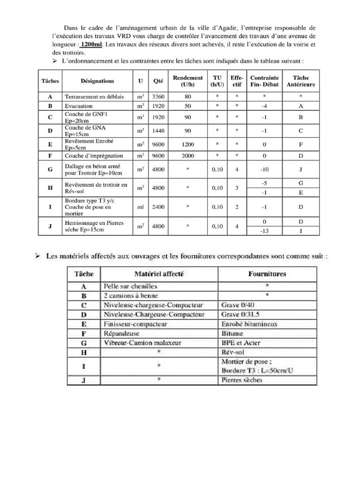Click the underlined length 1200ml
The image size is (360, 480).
point(91,45)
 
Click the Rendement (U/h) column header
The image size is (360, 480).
point(187,81)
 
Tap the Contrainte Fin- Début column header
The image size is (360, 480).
point(264,81)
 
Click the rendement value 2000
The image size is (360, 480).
point(187,156)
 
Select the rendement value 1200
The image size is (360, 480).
point(187,144)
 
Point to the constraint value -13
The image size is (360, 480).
point(264,230)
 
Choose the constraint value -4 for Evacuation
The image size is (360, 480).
point(264,106)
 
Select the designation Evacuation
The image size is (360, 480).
point(79,106)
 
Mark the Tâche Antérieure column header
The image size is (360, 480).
point(300,81)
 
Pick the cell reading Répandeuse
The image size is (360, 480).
point(121,333)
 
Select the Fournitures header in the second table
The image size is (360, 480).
point(267,274)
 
